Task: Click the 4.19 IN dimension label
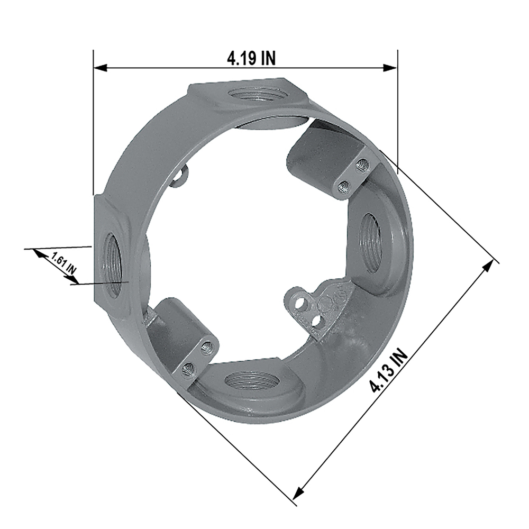click(251, 58)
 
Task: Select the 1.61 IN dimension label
click(63, 262)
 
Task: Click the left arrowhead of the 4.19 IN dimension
click(101, 68)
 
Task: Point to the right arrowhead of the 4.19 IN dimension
click(390, 68)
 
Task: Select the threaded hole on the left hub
click(111, 266)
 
